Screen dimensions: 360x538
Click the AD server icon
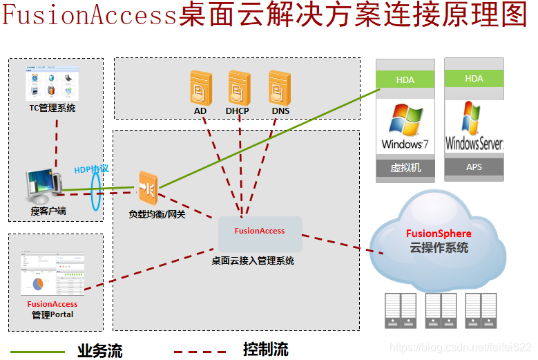click(200, 87)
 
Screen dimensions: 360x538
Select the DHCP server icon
click(239, 87)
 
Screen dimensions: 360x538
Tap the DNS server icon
click(279, 87)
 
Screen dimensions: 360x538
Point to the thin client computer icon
click(43, 187)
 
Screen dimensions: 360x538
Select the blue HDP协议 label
click(91, 169)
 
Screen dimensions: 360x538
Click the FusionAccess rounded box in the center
click(260, 234)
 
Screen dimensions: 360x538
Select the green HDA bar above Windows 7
click(405, 79)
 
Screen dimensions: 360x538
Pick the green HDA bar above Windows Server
click(474, 79)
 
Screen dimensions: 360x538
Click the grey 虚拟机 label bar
click(405, 168)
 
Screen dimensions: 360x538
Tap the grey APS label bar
click(474, 167)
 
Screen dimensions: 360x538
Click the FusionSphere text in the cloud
click(439, 234)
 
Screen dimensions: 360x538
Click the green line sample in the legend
click(38, 352)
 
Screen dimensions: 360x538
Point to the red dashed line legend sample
click(200, 352)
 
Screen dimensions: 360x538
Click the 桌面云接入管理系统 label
click(253, 261)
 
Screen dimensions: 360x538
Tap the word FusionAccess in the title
click(90, 15)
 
